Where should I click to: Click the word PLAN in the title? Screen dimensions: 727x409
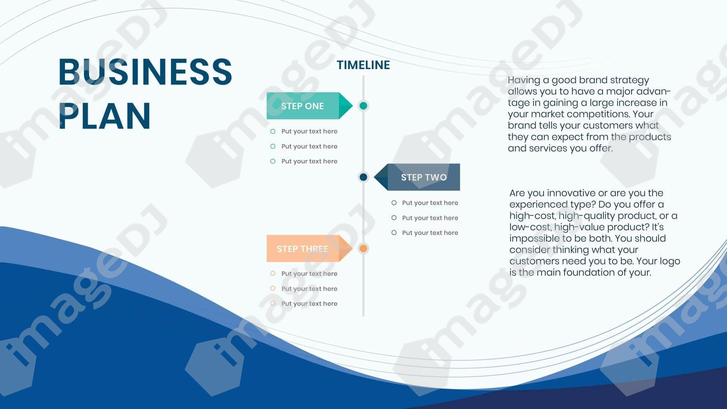[x=105, y=116]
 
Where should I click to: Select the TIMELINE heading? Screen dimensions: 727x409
[x=363, y=65]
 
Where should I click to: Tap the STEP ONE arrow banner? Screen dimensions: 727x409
[x=309, y=106]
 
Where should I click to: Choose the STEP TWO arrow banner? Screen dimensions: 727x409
[x=417, y=177]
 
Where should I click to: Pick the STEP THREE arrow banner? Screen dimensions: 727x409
[x=309, y=248]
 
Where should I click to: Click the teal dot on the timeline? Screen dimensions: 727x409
[x=363, y=106]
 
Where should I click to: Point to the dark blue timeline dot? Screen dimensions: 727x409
[x=363, y=177]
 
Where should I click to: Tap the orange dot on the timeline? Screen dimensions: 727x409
[x=363, y=248]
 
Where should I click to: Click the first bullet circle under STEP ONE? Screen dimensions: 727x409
[x=273, y=131]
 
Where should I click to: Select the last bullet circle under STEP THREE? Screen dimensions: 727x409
[x=273, y=303]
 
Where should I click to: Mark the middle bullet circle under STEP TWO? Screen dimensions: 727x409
[x=394, y=218]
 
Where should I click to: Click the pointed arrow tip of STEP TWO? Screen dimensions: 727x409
[x=374, y=177]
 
